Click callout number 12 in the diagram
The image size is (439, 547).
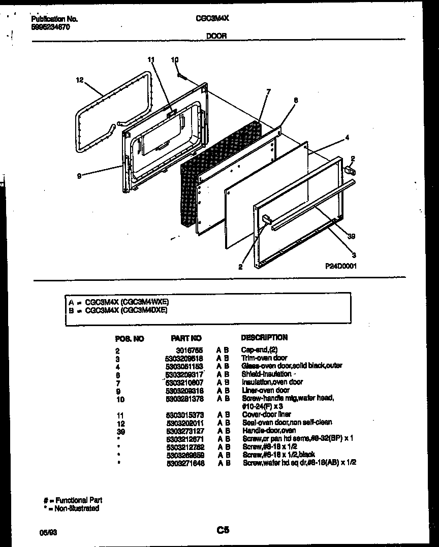(79, 80)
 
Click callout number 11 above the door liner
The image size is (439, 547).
(150, 60)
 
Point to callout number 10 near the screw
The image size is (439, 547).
(175, 60)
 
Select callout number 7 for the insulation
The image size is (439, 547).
(268, 91)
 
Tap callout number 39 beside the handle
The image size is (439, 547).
(352, 236)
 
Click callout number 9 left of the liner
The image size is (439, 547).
(79, 176)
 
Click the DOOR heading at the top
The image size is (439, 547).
(216, 36)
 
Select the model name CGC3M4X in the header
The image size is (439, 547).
(212, 19)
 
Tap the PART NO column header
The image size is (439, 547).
(186, 338)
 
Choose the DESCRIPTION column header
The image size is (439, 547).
(264, 337)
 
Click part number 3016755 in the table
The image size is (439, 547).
(193, 350)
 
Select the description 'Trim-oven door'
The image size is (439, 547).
(264, 358)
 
